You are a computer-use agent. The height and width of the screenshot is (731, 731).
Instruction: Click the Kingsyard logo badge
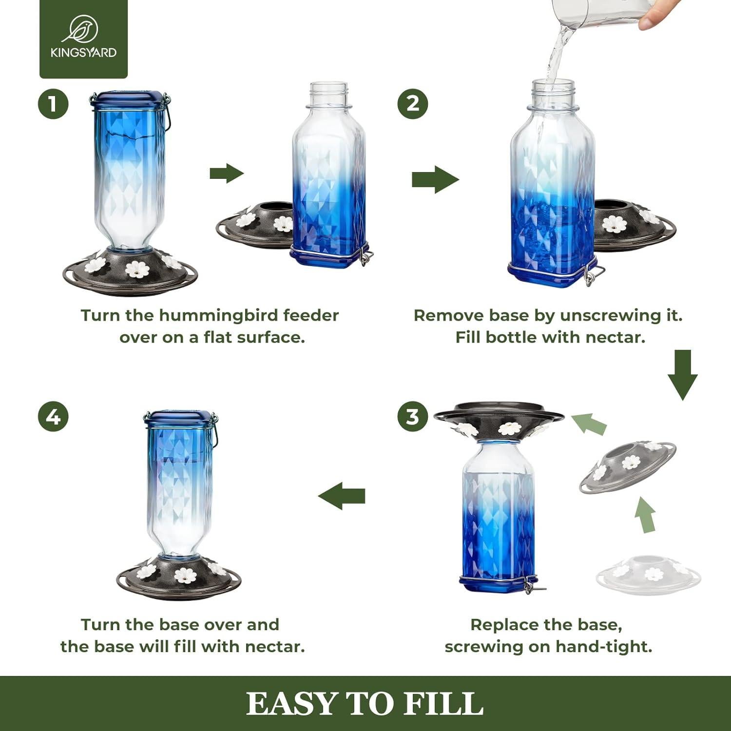click(83, 38)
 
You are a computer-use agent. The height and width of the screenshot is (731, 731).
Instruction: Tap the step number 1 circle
click(53, 104)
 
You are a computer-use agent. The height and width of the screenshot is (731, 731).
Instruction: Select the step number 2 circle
click(413, 104)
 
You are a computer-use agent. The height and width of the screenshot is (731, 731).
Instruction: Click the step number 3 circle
click(413, 417)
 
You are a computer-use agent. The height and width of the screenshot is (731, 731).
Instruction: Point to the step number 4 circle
click(53, 417)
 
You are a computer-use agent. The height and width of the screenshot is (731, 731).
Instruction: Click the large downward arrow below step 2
click(682, 375)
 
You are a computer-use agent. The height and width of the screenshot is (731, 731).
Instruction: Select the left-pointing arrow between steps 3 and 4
click(342, 496)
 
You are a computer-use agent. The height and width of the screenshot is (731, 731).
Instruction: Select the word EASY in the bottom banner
click(292, 704)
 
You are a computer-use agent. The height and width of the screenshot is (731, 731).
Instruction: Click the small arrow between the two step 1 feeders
click(227, 173)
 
